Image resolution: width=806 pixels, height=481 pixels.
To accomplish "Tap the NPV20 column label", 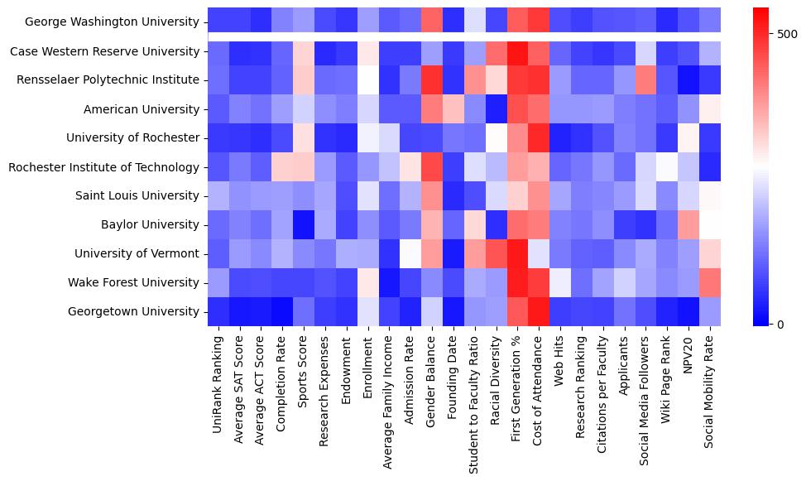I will tap(690, 357).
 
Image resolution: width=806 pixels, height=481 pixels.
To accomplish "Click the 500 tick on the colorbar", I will tap(787, 34).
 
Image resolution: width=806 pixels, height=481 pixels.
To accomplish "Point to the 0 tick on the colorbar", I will tap(780, 324).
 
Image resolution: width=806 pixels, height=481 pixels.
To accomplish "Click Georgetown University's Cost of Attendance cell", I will tap(540, 311).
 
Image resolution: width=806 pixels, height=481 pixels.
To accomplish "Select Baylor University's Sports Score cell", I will tap(303, 224).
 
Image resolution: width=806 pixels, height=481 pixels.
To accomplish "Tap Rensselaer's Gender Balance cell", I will tap(432, 80).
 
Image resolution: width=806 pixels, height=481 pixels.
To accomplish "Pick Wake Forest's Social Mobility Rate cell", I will tap(712, 282).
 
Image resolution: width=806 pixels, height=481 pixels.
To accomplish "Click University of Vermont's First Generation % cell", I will tap(518, 253).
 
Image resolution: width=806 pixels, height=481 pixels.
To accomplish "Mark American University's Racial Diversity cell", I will tap(497, 109).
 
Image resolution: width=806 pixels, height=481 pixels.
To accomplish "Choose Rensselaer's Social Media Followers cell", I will tap(647, 80).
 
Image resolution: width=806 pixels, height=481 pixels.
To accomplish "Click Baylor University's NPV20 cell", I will tap(690, 224).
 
